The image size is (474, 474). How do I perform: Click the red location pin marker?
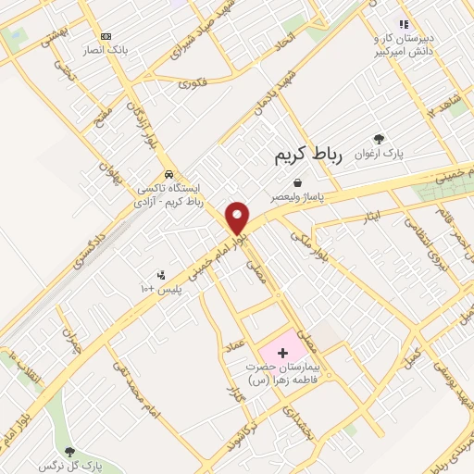(x=238, y=218)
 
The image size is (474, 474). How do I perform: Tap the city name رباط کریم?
(x=308, y=156)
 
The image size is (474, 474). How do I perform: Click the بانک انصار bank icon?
(x=106, y=36)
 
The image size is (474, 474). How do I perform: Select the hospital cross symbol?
(x=282, y=353)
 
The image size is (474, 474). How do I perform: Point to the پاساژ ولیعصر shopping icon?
(x=296, y=183)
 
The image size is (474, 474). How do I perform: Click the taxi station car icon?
(x=168, y=174)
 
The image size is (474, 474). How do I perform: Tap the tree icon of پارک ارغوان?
(x=378, y=138)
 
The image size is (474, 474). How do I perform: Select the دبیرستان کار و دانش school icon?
(x=403, y=24)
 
